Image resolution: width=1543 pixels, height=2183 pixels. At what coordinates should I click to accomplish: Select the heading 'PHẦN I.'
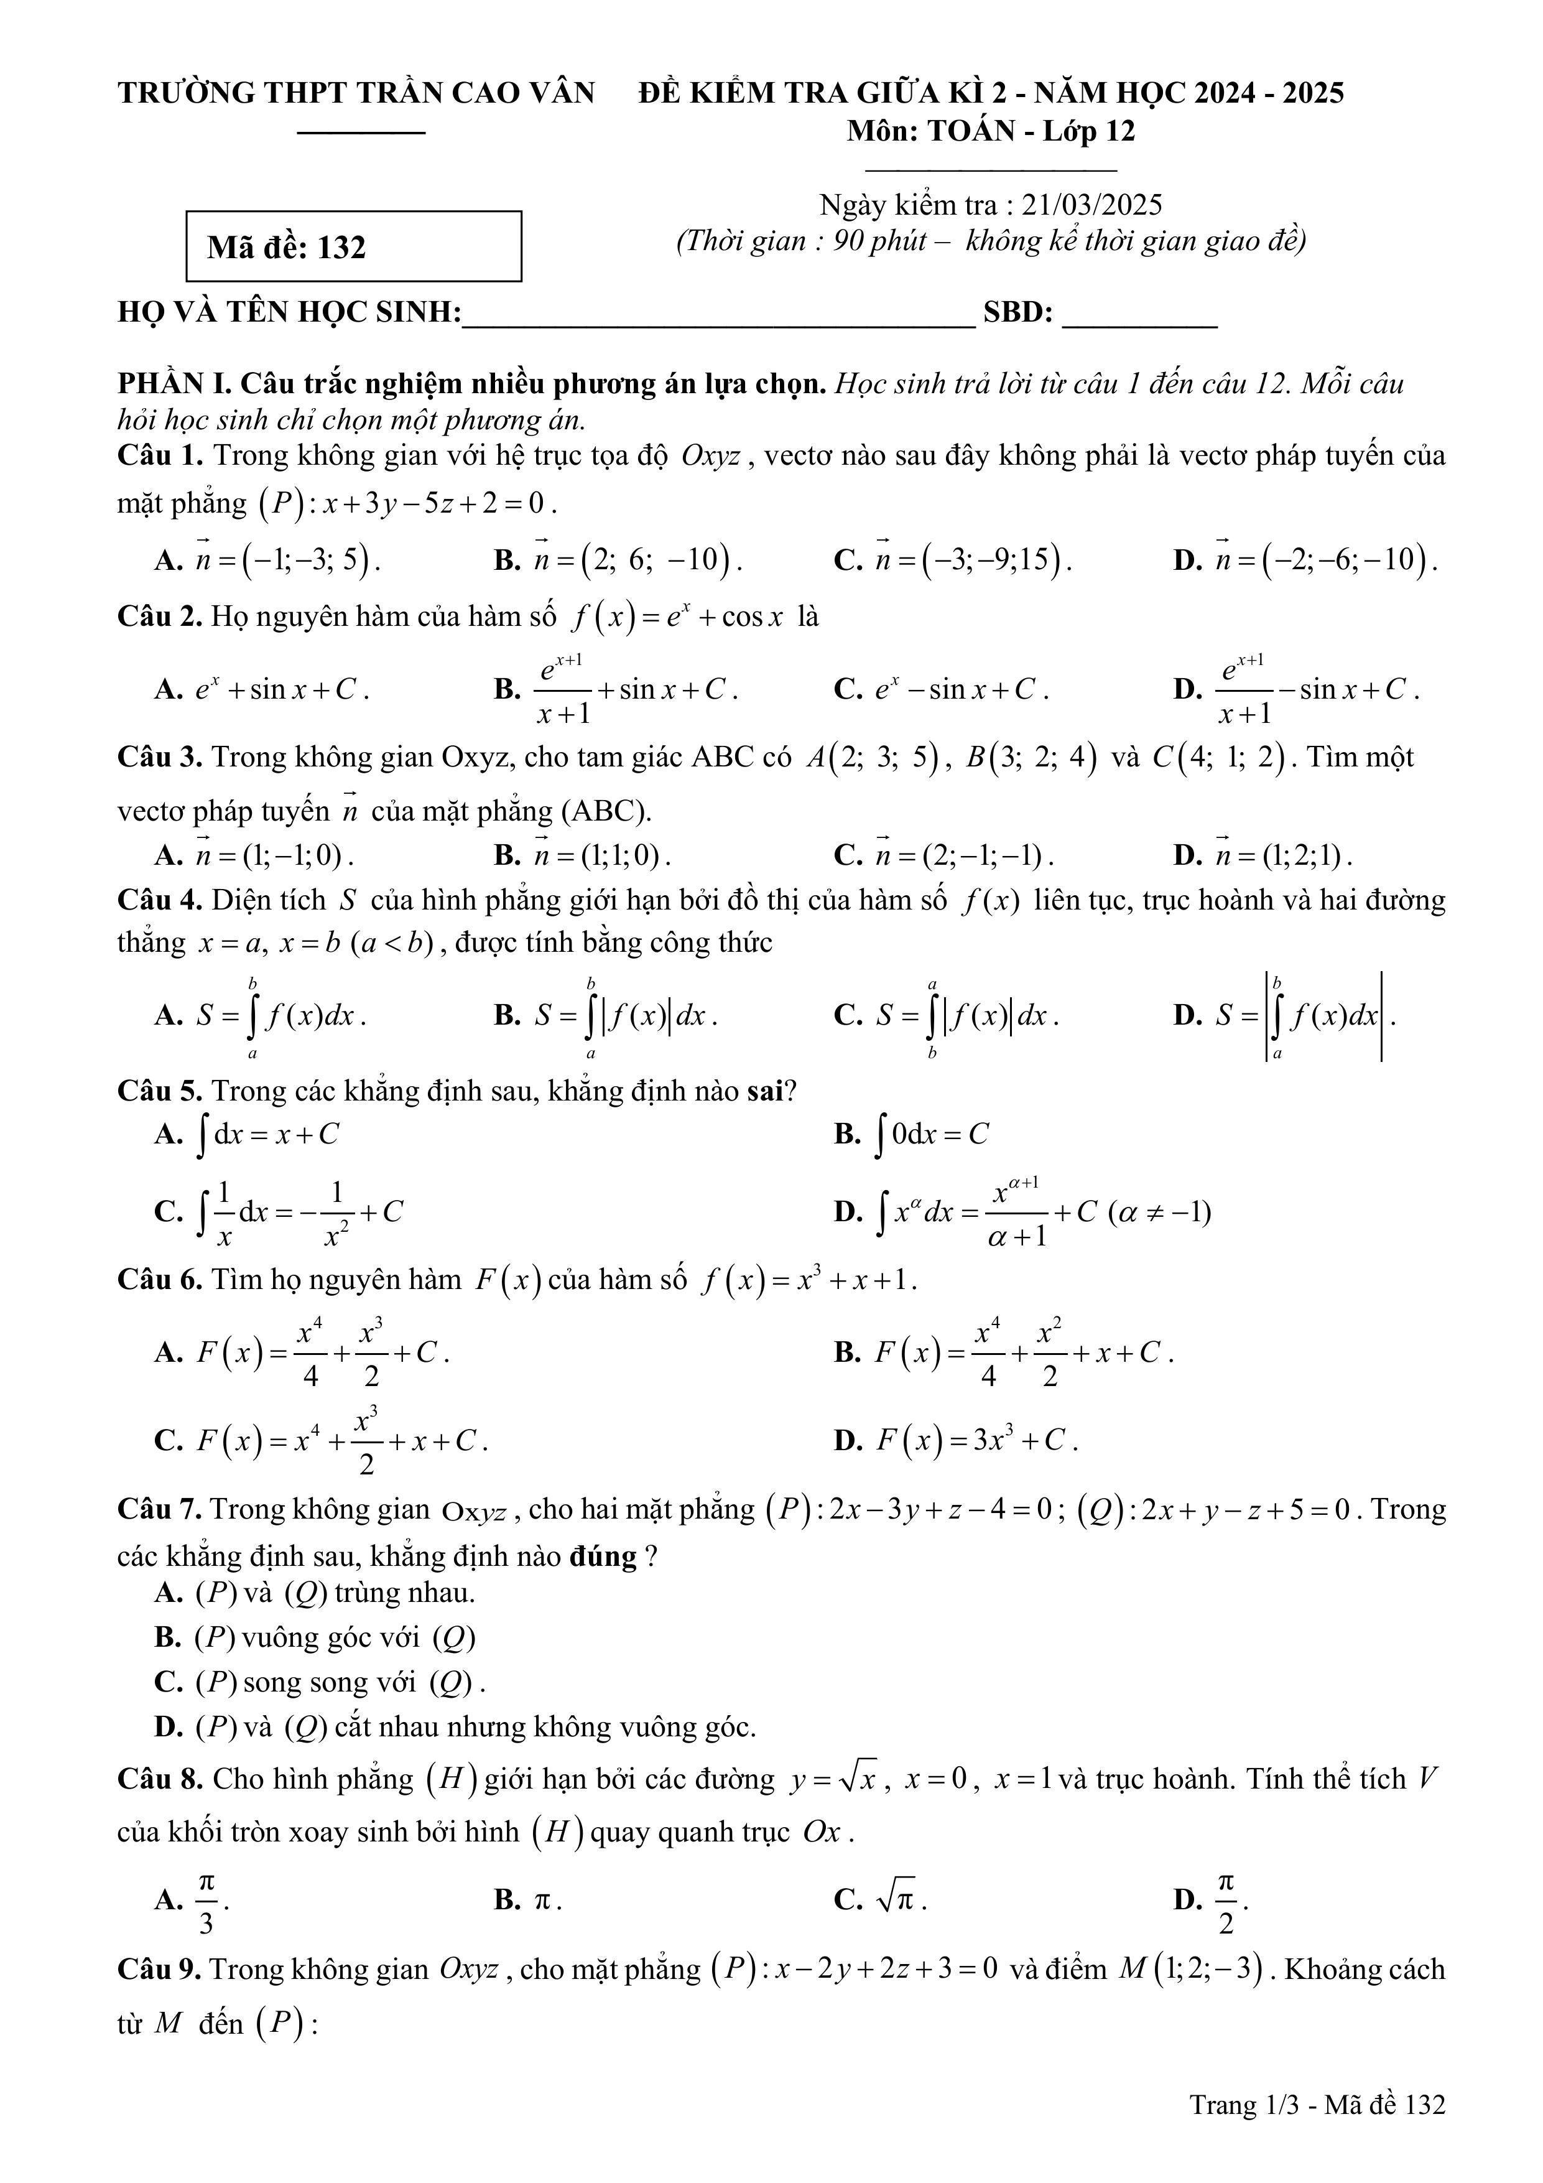pyautogui.click(x=174, y=384)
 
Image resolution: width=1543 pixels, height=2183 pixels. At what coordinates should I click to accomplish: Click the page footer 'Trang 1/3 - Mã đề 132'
pyautogui.click(x=1317, y=2105)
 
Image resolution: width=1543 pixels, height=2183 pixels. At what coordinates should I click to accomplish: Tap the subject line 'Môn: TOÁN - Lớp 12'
pyautogui.click(x=991, y=131)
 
